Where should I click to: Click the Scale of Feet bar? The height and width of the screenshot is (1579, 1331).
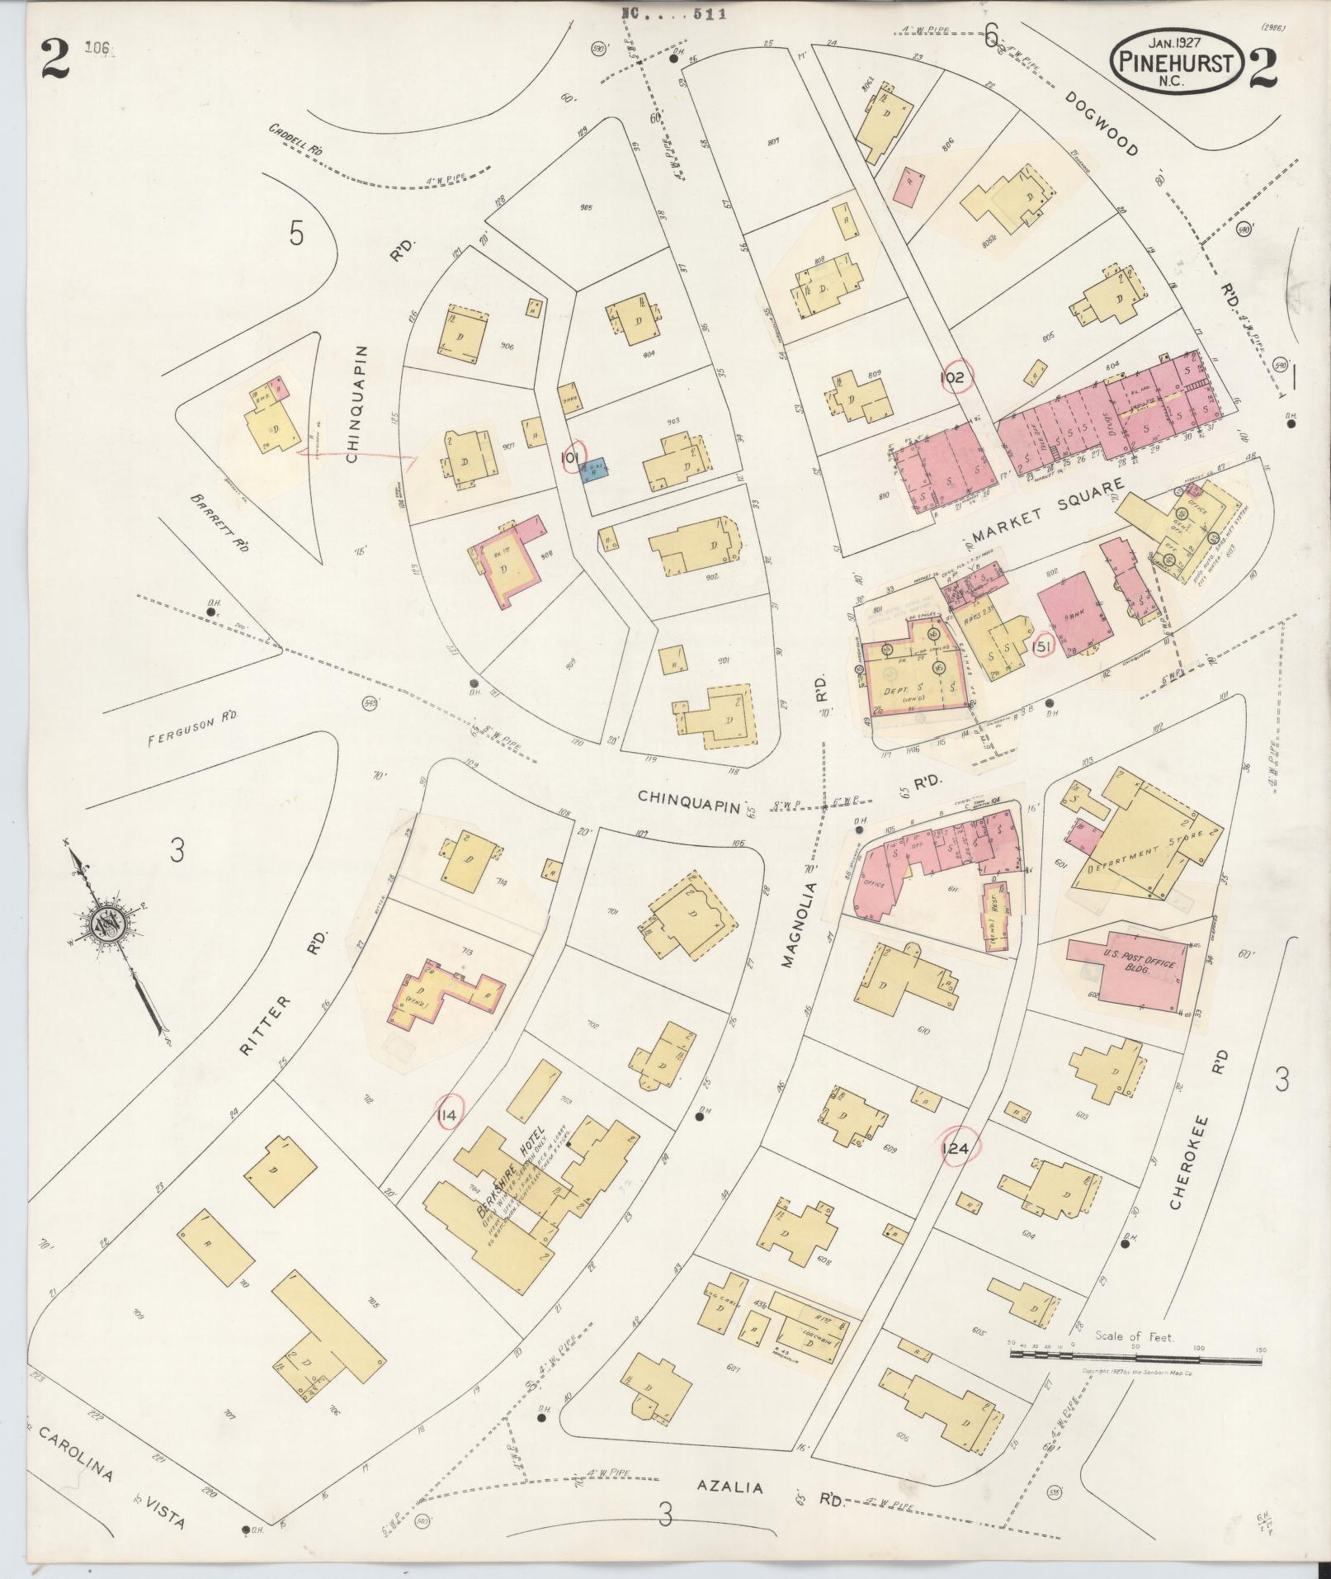pos(1135,1355)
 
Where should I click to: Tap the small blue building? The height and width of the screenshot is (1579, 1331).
pos(595,469)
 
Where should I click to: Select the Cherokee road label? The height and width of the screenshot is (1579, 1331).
pos(1190,1165)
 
